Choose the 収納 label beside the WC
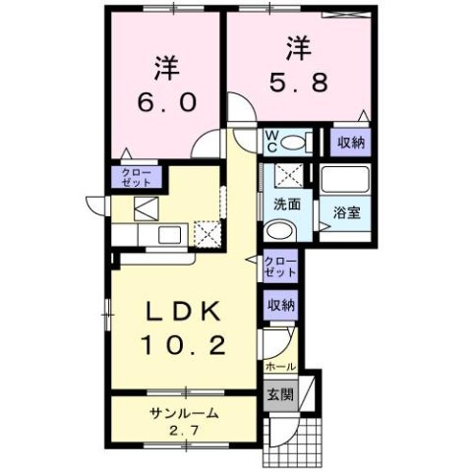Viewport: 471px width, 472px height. click(351, 142)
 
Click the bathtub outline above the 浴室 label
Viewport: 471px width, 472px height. click(344, 180)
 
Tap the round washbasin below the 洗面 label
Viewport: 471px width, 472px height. click(279, 232)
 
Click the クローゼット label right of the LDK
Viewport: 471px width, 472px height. click(279, 265)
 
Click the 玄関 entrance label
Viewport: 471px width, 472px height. click(279, 395)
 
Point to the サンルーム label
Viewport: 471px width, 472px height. click(184, 414)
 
